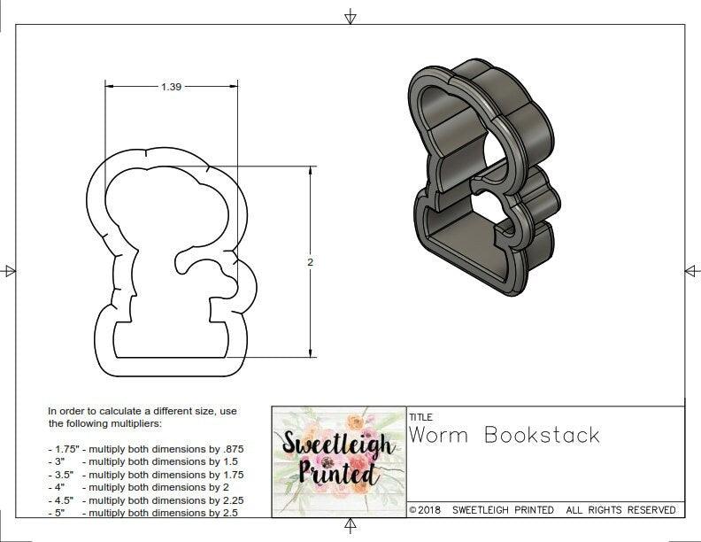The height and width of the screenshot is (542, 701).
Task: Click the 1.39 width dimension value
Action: [173, 87]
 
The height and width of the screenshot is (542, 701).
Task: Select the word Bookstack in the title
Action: [543, 435]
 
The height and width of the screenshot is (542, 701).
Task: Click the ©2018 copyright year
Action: [425, 510]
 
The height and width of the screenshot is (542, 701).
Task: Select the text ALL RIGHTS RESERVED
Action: [620, 510]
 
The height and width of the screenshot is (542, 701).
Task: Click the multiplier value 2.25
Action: [231, 500]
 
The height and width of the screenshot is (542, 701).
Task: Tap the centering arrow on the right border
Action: [691, 270]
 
